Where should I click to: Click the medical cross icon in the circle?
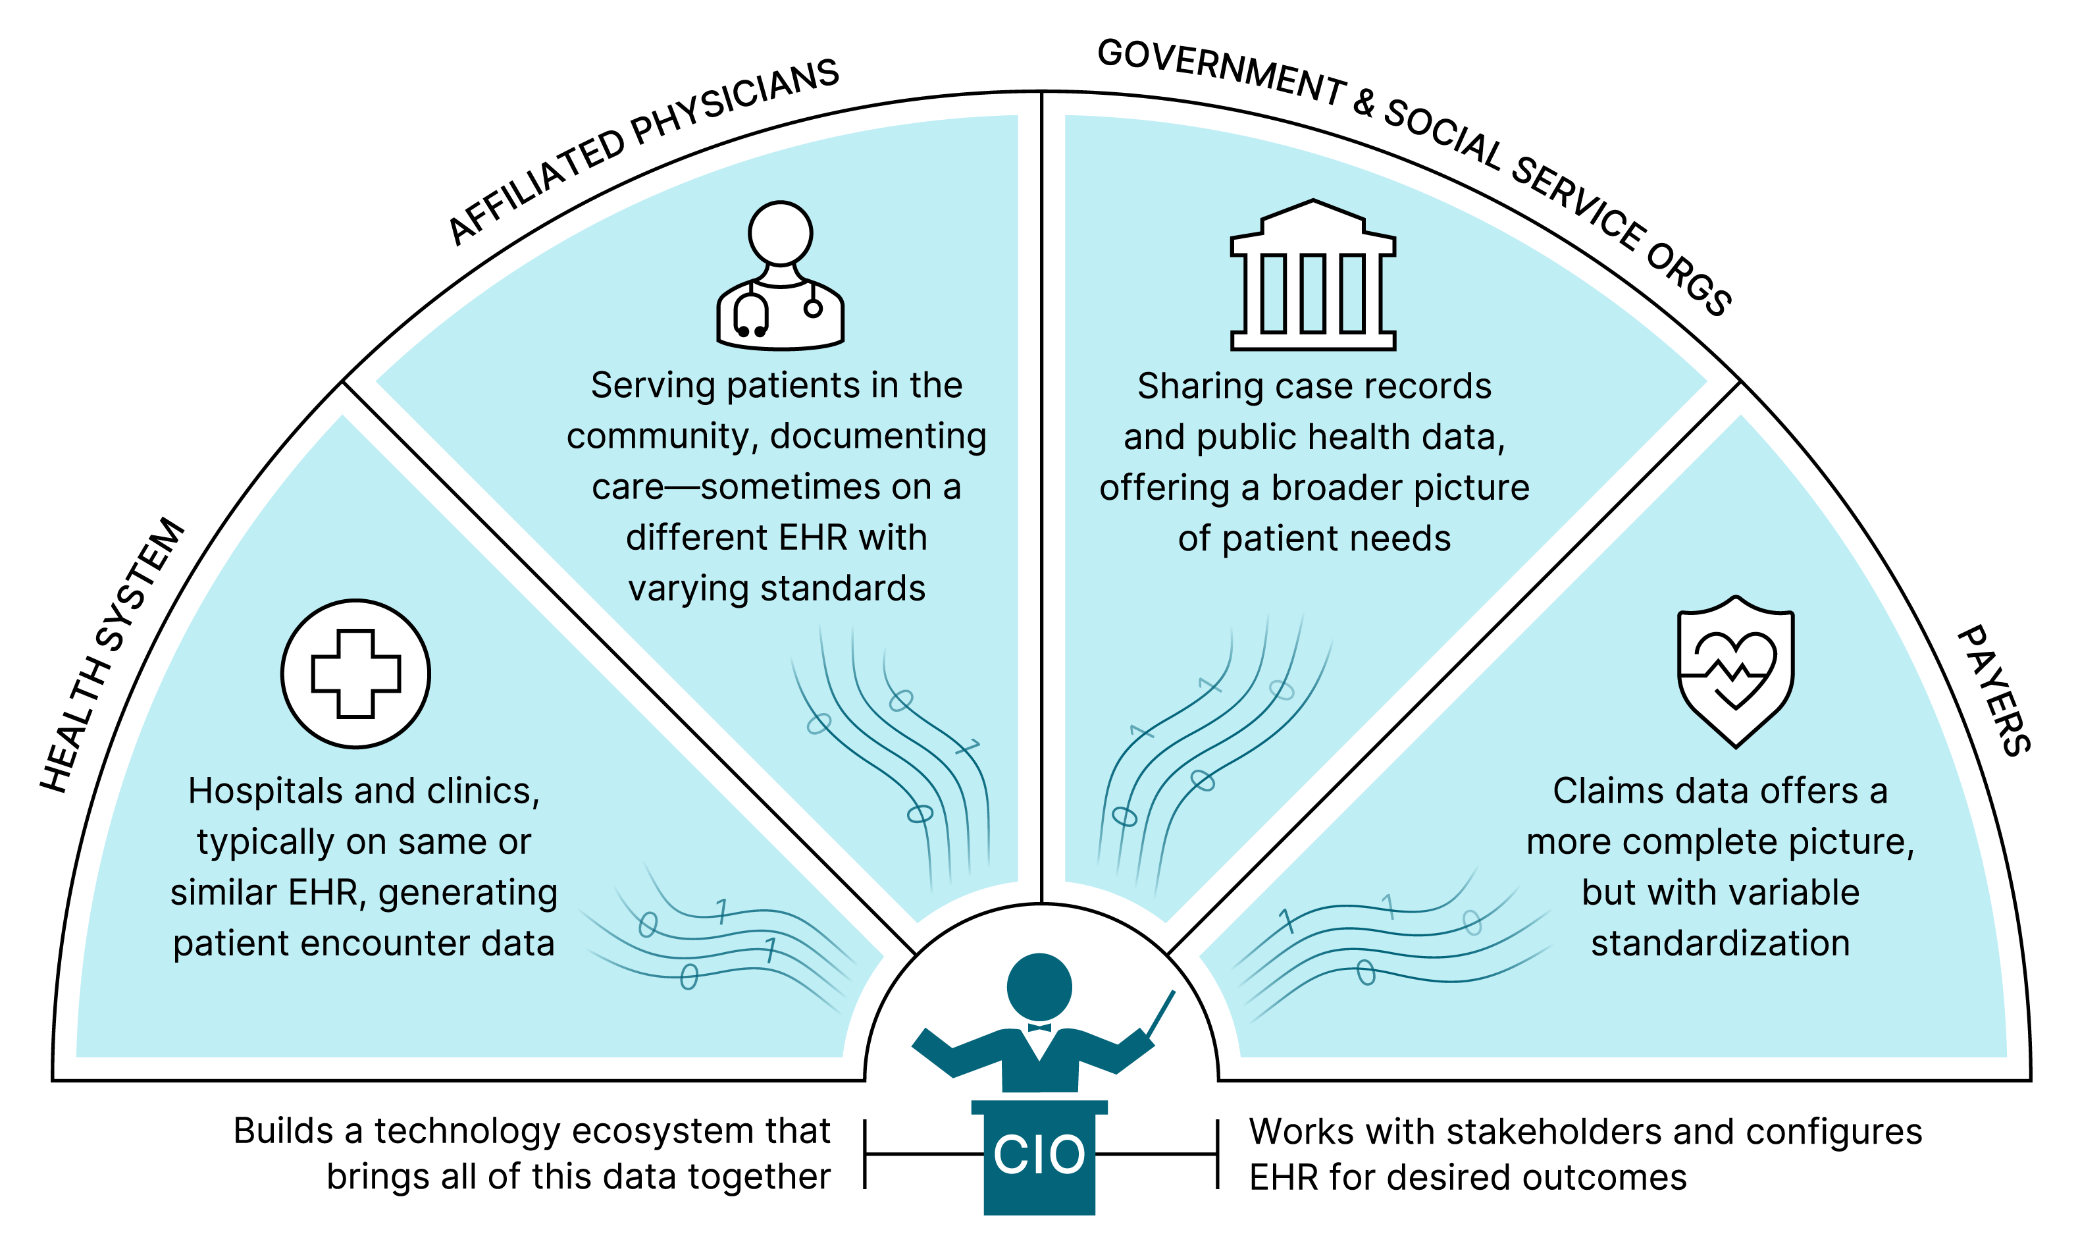pyautogui.click(x=356, y=674)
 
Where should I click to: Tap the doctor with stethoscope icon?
pyautogui.click(x=780, y=275)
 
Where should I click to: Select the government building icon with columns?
pyautogui.click(x=1313, y=275)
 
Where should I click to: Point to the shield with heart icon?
pyautogui.click(x=1736, y=672)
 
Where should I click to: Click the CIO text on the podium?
pyautogui.click(x=1039, y=1154)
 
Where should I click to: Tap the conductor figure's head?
pyautogui.click(x=1039, y=987)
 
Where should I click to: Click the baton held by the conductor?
pyautogui.click(x=1160, y=1015)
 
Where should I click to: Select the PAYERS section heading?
pyautogui.click(x=1994, y=690)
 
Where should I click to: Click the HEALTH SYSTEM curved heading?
pyautogui.click(x=112, y=654)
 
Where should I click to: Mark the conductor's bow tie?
pyautogui.click(x=1039, y=1027)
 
